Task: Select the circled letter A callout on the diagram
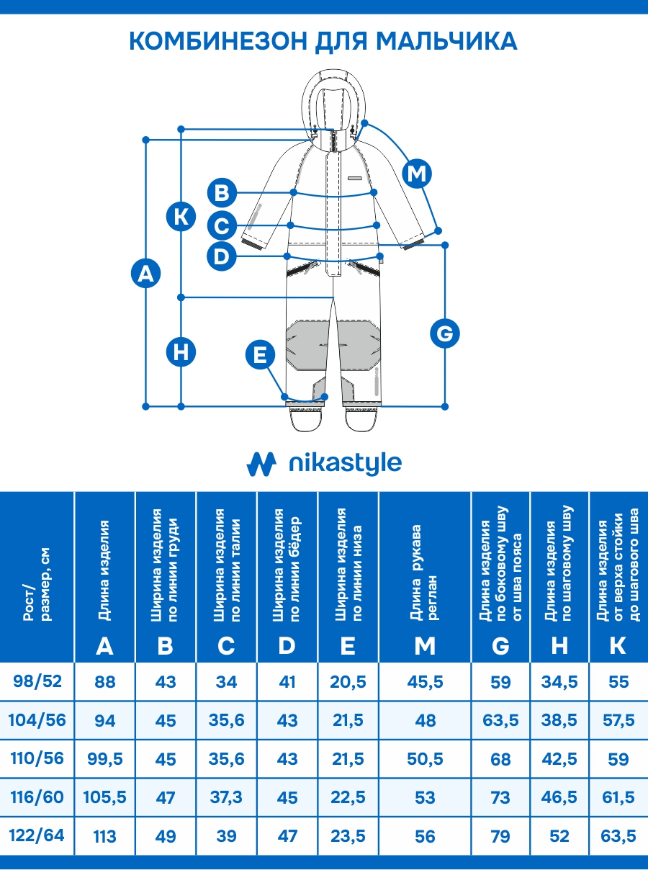(146, 274)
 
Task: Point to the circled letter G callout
(444, 333)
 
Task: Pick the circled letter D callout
(221, 256)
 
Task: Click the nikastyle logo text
(344, 463)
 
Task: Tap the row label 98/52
(37, 681)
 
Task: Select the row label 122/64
(37, 835)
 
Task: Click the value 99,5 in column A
(105, 759)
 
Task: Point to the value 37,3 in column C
(226, 797)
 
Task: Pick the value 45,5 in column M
(426, 681)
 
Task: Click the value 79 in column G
(500, 836)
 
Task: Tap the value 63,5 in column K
(618, 836)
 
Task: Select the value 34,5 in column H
(559, 681)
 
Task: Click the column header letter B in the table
(166, 646)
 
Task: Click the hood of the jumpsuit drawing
(333, 94)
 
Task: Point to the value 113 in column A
(105, 836)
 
